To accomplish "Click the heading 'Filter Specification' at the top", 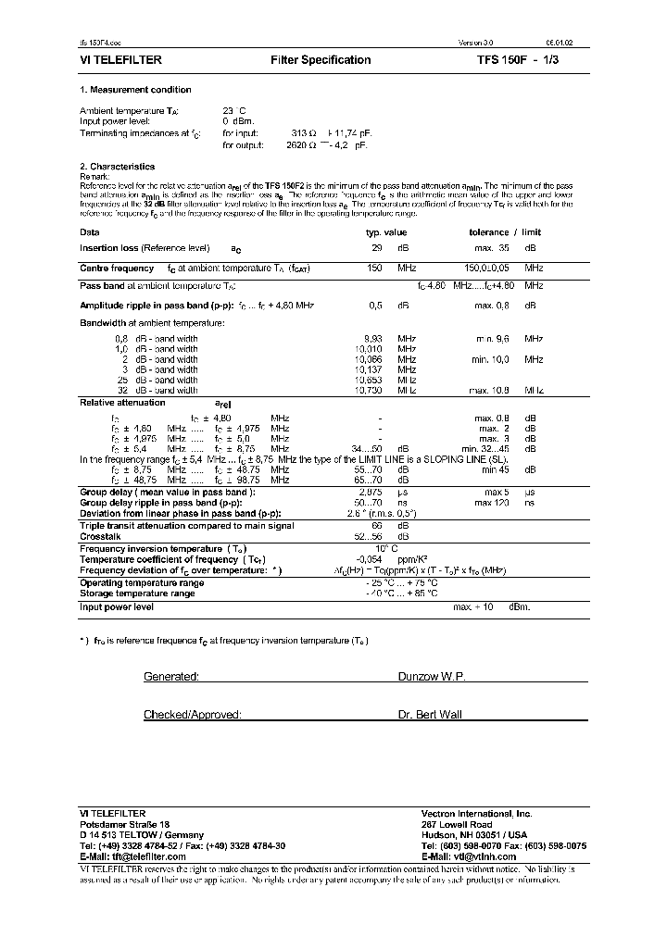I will [x=321, y=60].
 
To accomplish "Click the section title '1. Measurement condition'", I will [x=135, y=90].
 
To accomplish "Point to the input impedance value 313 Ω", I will [x=304, y=133].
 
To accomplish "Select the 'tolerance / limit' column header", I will [x=505, y=232].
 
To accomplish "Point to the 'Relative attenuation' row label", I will [x=122, y=403].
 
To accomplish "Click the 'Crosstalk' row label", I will [x=99, y=535].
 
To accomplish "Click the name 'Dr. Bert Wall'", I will [x=429, y=715].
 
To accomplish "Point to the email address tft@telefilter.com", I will [x=145, y=856].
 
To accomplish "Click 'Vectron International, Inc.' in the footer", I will [x=476, y=813].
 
